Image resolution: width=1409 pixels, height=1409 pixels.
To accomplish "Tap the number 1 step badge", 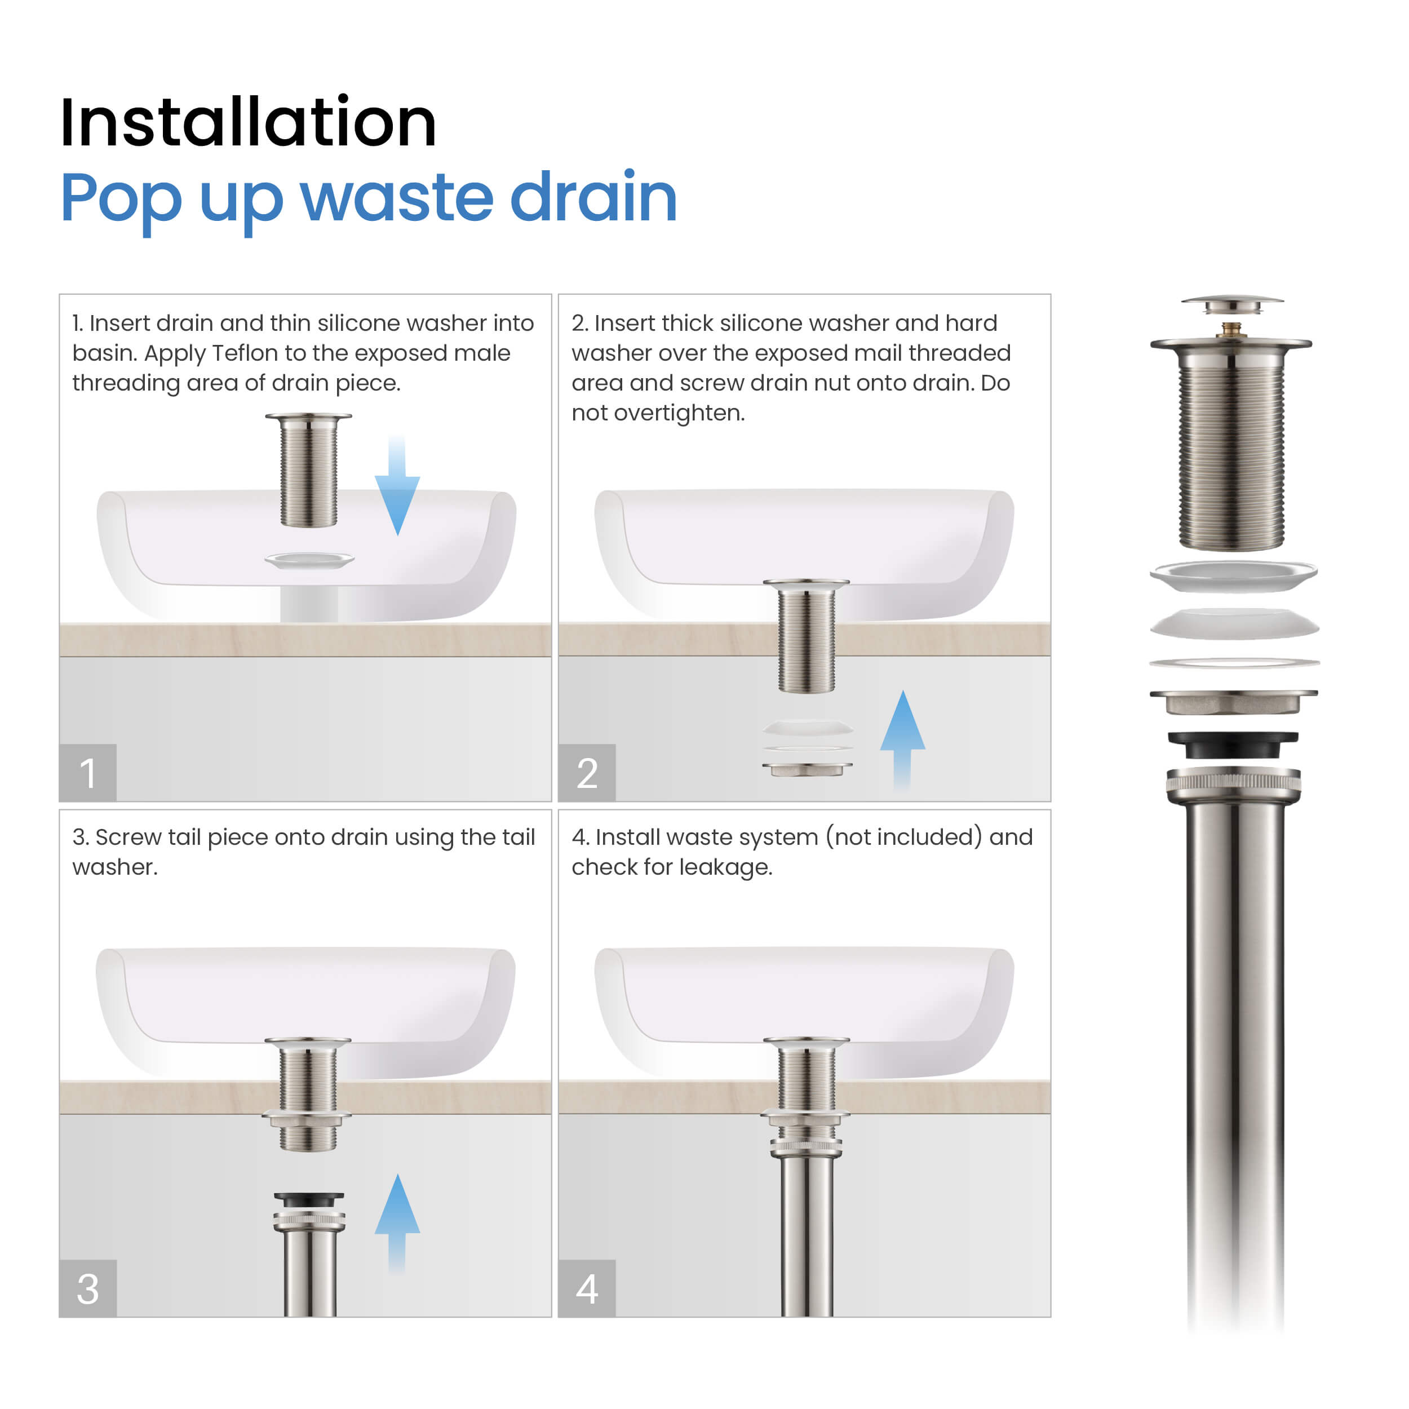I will click(x=87, y=773).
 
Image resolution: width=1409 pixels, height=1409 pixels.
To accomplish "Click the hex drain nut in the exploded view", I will click(x=1233, y=702).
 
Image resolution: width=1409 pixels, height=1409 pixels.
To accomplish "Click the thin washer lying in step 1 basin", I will click(x=309, y=560).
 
